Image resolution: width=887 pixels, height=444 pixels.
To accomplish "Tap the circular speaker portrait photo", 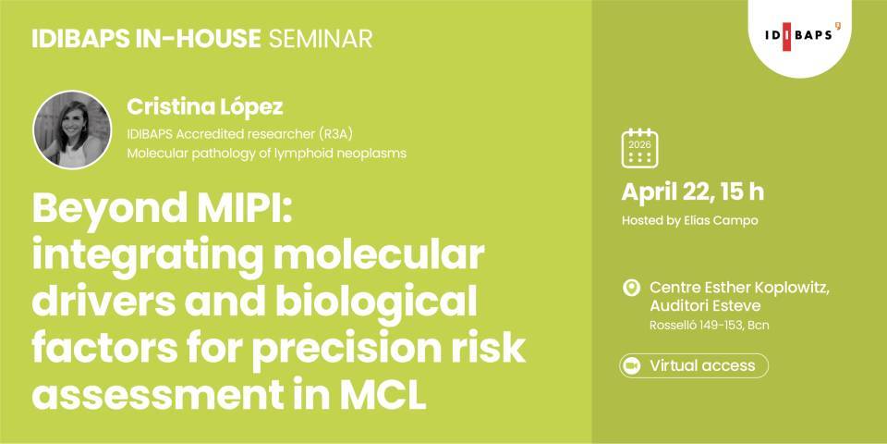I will click(x=71, y=129).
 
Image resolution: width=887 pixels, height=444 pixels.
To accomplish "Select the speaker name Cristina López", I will click(x=204, y=106).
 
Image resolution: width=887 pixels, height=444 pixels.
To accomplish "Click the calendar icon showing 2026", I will click(x=639, y=148).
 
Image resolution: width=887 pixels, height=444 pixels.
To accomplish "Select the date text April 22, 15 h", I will click(x=692, y=192).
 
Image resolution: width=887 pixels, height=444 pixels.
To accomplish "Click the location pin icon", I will click(x=632, y=288).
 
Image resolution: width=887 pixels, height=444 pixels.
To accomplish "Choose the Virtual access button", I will click(x=693, y=365).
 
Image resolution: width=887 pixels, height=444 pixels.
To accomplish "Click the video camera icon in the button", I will click(x=632, y=365).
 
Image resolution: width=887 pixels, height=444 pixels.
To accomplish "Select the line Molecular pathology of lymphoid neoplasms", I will click(x=266, y=153).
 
